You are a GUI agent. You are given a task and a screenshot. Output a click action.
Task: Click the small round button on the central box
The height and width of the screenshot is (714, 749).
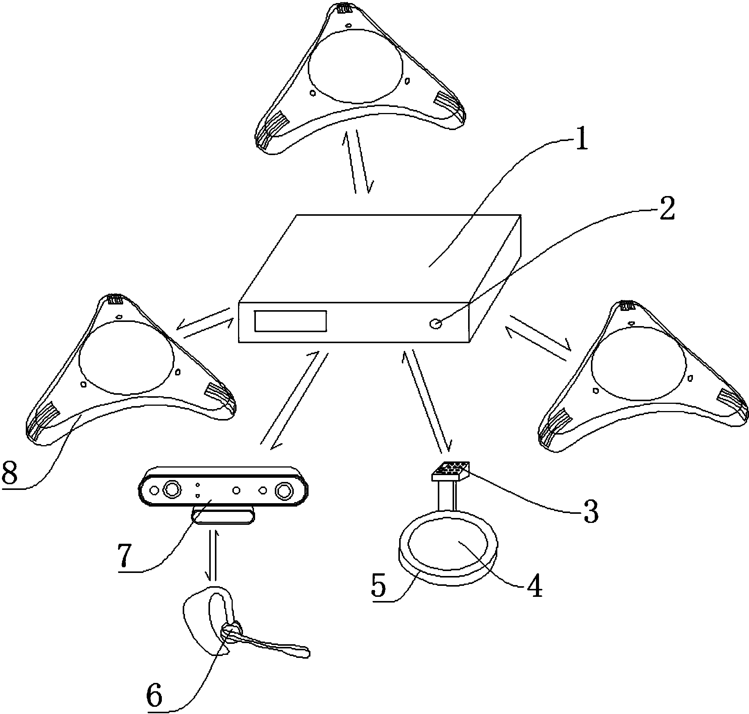(435, 324)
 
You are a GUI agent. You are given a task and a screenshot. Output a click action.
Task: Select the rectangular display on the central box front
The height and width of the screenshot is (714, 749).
(291, 321)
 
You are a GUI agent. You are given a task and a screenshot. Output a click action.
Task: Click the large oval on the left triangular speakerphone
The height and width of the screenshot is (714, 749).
(126, 358)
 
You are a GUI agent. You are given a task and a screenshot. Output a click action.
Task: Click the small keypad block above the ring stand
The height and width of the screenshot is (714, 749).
(451, 471)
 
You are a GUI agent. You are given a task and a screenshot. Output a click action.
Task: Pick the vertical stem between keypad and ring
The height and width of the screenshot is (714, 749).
(447, 495)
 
